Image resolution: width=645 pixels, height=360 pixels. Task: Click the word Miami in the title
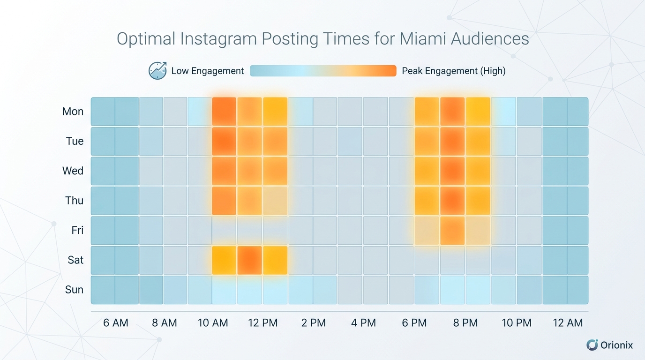423,38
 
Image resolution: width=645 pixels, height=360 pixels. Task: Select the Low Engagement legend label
207,71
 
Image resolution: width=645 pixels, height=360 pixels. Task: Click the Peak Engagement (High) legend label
453,71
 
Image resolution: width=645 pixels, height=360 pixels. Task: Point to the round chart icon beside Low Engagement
157,70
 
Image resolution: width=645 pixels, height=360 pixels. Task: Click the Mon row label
73,112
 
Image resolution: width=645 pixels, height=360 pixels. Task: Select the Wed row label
73,171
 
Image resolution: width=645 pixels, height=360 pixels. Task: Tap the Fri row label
77,230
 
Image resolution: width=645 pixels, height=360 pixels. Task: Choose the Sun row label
74,290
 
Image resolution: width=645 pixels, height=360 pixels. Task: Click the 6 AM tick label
115,323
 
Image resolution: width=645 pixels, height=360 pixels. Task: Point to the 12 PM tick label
262,323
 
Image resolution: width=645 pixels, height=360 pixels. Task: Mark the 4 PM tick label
363,323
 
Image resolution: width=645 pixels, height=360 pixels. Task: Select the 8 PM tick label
465,323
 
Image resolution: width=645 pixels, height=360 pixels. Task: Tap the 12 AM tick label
568,323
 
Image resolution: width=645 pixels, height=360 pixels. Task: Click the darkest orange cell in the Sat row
249,260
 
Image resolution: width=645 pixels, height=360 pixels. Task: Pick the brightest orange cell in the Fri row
452,230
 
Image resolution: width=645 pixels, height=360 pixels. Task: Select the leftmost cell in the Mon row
103,112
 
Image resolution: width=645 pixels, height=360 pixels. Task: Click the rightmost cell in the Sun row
577,290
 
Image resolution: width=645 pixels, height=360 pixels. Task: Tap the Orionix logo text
616,345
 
